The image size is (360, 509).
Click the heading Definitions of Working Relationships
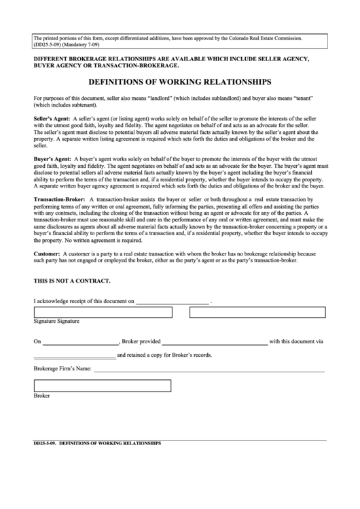(x=180, y=82)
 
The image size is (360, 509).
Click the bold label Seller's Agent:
(x=52, y=118)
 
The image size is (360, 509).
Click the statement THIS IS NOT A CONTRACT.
(x=72, y=281)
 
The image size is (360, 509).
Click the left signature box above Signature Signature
(x=102, y=312)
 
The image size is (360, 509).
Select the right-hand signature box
(x=257, y=312)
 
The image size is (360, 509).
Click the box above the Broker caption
(x=102, y=386)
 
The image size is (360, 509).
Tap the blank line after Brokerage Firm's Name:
(x=209, y=371)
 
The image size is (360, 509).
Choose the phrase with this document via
(x=296, y=342)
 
